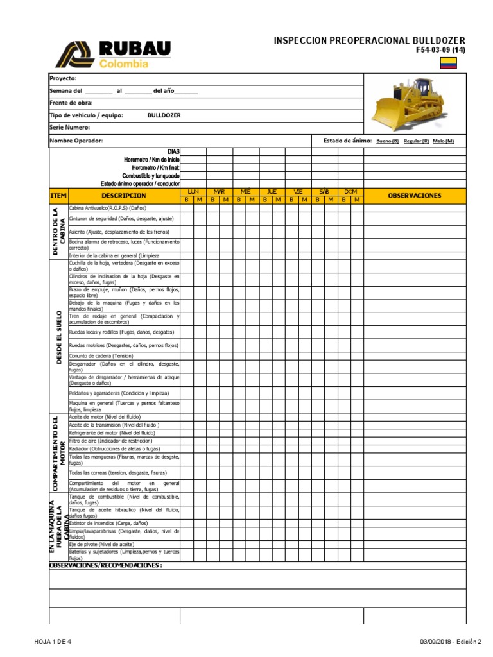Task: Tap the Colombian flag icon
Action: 448,62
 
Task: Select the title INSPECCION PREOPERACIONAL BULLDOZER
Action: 369,41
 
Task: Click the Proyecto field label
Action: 63,78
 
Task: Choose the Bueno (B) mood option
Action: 387,141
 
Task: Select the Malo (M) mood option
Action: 443,141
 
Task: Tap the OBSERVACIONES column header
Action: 415,196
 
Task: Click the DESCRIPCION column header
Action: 123,196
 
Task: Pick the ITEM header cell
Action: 58,196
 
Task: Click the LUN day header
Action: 193,192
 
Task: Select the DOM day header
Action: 350,192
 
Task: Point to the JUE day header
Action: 272,192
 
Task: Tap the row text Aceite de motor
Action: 104,417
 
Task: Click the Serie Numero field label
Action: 69,128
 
